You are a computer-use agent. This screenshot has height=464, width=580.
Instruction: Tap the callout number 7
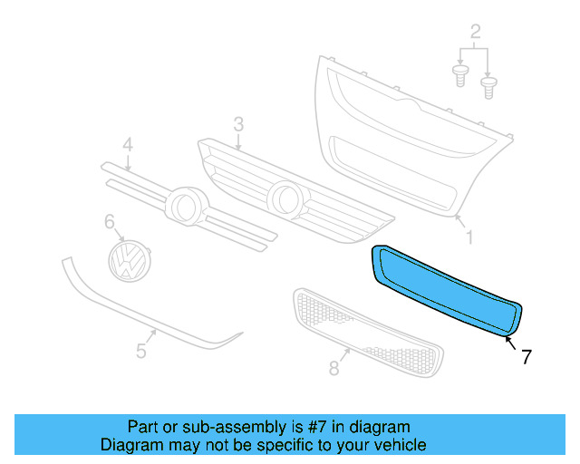(527, 357)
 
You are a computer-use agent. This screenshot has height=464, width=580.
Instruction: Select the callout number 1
(469, 237)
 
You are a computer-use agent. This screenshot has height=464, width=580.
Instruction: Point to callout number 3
(238, 123)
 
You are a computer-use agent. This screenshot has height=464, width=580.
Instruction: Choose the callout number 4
(128, 145)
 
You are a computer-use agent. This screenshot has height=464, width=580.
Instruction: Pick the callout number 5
(141, 351)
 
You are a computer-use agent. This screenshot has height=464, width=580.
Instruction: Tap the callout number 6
(110, 221)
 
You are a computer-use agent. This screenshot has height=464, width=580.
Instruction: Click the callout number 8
(333, 367)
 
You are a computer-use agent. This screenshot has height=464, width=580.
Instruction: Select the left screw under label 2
(459, 73)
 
